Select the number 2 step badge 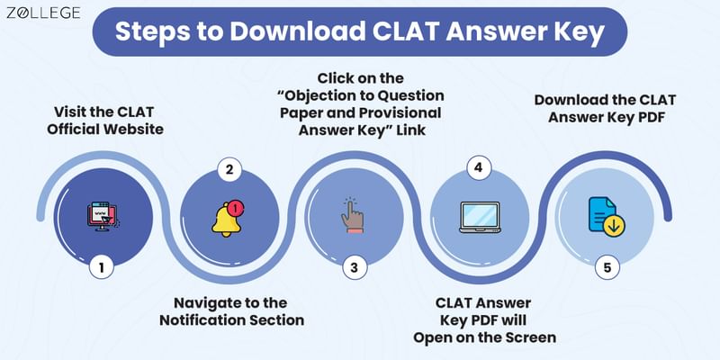(x=229, y=168)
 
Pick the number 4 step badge (x=477, y=168)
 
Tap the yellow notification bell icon (x=227, y=218)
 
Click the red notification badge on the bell (x=237, y=209)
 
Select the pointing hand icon (x=353, y=216)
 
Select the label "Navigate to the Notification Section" (x=231, y=310)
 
